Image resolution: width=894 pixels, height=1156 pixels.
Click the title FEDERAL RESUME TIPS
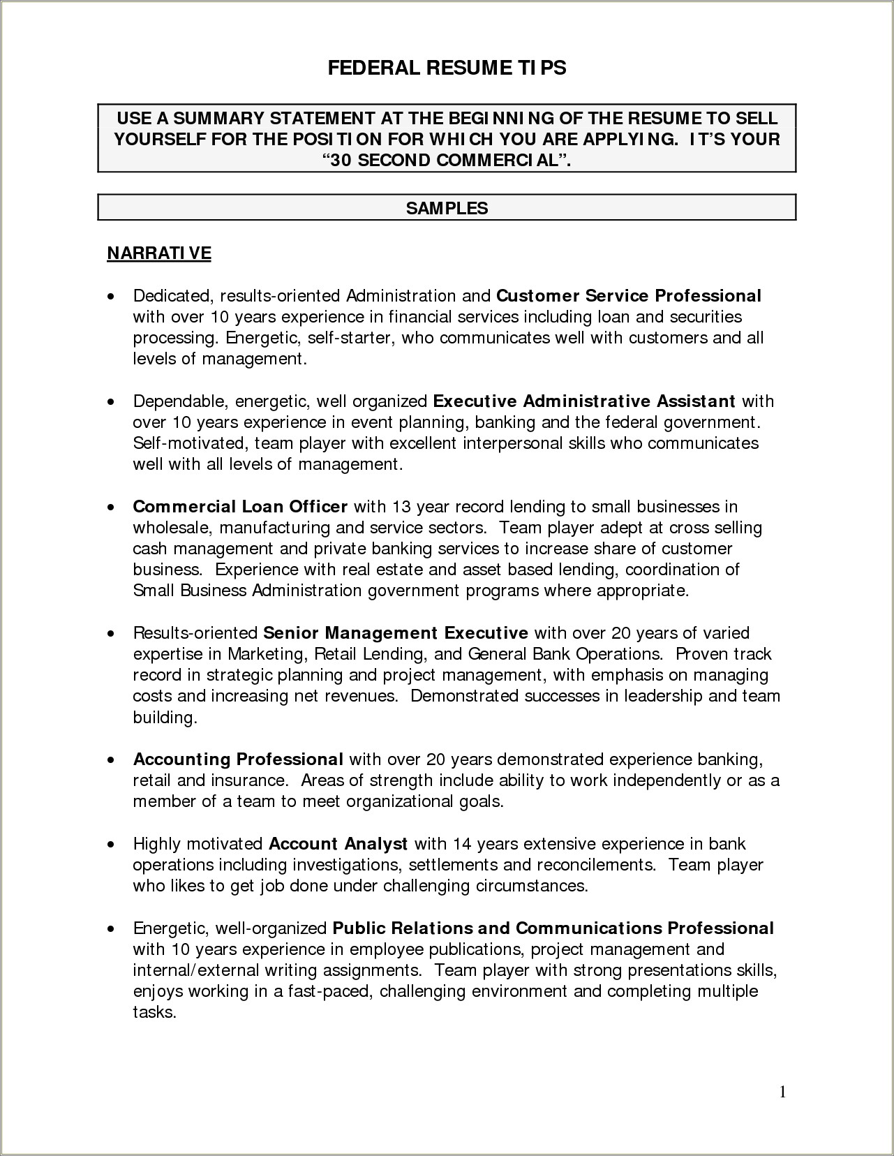[447, 68]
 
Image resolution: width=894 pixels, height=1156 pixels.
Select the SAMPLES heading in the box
[447, 208]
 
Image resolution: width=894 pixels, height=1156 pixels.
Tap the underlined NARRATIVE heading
[158, 252]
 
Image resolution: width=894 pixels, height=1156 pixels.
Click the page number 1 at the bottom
[782, 1092]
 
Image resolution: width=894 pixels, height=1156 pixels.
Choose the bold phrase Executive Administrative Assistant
[584, 401]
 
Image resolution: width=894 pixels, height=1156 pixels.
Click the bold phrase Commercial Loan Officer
[240, 506]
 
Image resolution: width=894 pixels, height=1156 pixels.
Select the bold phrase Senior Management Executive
[396, 633]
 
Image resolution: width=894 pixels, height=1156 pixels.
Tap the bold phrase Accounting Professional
[238, 759]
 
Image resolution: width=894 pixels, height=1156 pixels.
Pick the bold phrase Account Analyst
[338, 843]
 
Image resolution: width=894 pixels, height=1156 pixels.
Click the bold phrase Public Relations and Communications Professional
[553, 928]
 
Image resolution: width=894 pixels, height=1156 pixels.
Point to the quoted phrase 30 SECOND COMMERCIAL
[447, 160]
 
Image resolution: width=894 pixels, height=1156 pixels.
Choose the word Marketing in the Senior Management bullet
[267, 654]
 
